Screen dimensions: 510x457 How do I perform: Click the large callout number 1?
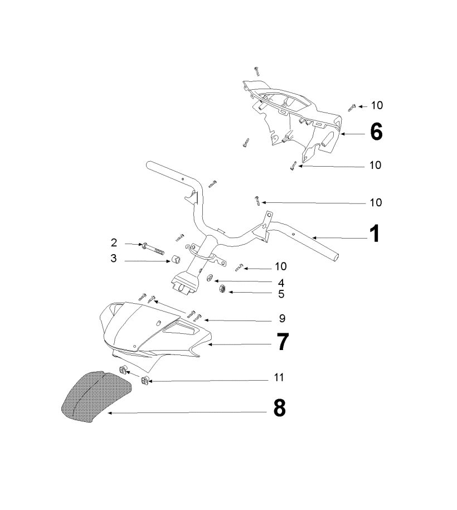[x=375, y=234]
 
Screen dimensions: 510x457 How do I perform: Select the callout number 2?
[x=114, y=242]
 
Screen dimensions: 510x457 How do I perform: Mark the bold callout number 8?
[x=279, y=409]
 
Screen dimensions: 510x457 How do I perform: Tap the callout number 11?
[x=279, y=378]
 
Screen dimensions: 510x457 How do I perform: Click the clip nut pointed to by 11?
[x=145, y=381]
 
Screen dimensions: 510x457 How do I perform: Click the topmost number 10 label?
[x=377, y=105]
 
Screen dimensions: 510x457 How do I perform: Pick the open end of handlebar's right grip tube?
[x=337, y=256]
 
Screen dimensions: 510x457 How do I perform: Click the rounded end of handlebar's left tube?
[x=150, y=166]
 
